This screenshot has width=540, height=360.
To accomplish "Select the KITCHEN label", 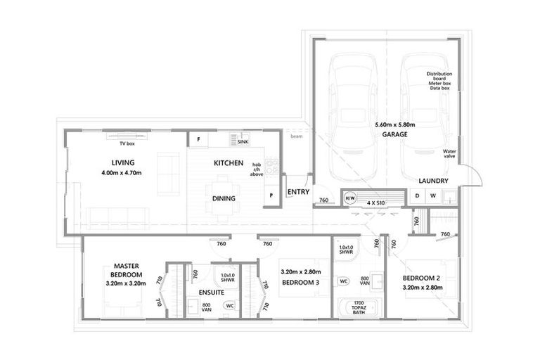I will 229,163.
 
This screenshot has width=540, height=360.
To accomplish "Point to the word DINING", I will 224,199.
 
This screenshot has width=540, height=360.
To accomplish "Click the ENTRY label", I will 298,192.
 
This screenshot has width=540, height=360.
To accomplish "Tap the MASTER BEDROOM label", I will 128,270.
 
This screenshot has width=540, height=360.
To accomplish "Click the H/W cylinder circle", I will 349,198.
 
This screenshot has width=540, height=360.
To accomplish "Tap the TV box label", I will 127,143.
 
